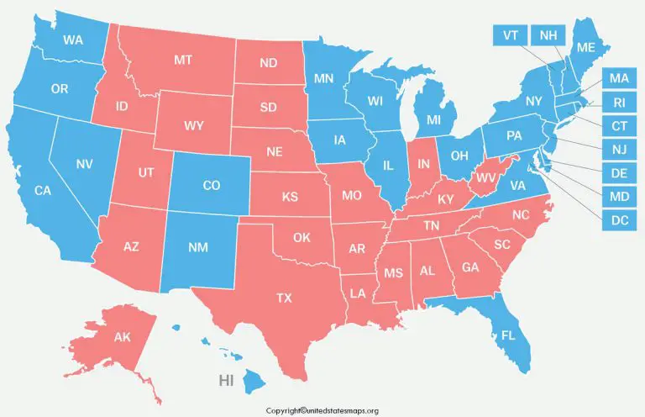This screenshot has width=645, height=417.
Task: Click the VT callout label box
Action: (x=510, y=35)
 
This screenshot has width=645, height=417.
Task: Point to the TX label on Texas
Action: (x=284, y=298)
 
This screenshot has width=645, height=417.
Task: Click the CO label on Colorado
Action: (x=212, y=186)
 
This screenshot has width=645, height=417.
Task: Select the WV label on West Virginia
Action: (x=485, y=178)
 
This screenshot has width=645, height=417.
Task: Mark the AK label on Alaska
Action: (x=123, y=337)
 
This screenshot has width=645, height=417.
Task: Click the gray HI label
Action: (x=226, y=381)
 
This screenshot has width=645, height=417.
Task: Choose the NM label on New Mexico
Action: (x=199, y=248)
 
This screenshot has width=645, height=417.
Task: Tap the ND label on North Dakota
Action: (x=269, y=62)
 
